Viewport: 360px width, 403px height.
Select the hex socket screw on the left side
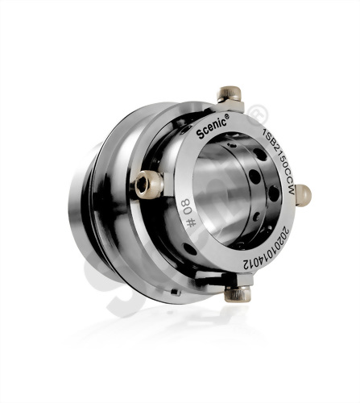(x=148, y=184)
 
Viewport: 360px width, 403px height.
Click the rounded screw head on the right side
(x=303, y=194)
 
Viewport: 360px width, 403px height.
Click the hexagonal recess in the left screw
(x=143, y=185)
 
